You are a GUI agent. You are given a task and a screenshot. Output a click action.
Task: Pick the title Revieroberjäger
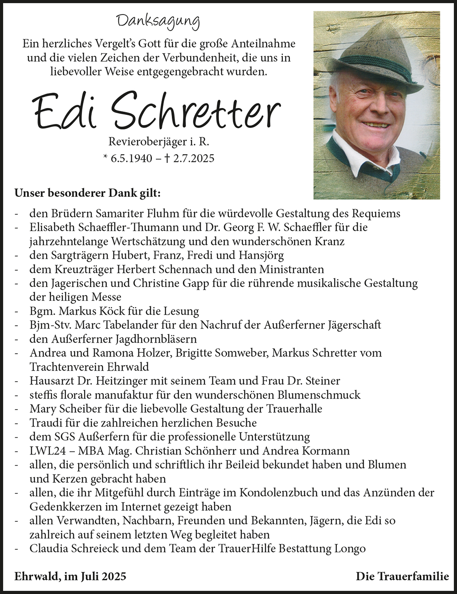point(148,142)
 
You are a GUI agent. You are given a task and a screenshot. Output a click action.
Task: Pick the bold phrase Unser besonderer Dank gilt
point(87,194)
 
